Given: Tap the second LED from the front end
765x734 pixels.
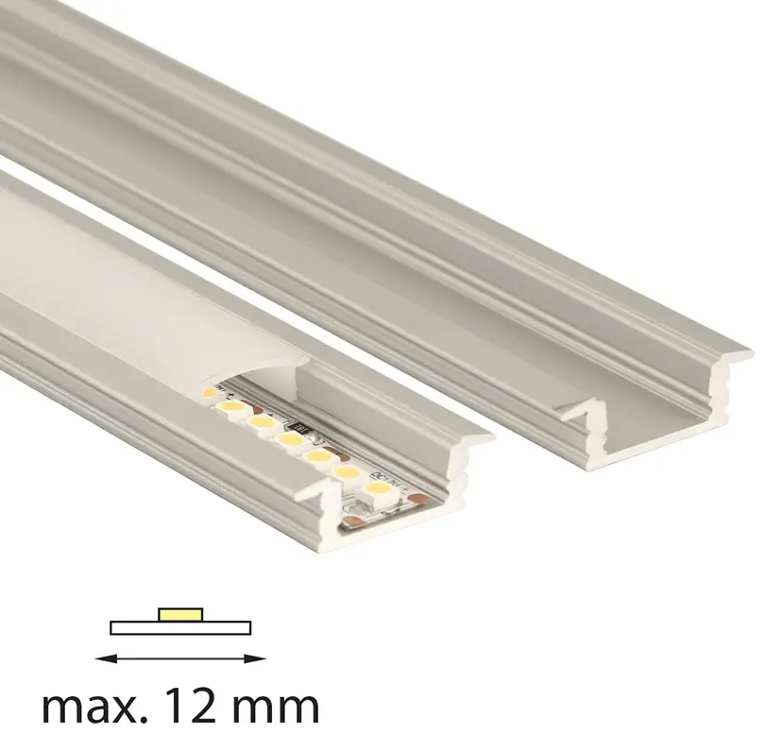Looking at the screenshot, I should tap(346, 471).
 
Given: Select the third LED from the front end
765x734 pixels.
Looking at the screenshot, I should tap(318, 455).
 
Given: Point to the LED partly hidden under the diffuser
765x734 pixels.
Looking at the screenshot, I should tap(210, 392).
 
